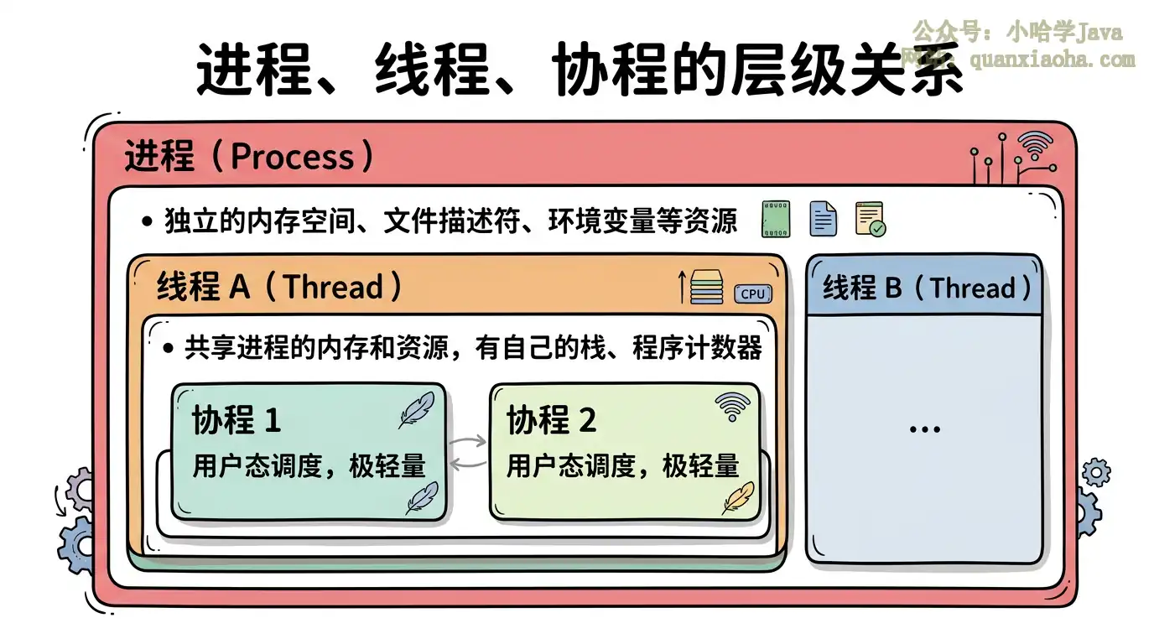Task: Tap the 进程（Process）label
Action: (x=249, y=157)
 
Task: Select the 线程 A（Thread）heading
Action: (x=279, y=287)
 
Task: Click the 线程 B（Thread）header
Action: (x=926, y=288)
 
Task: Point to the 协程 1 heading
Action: (x=237, y=420)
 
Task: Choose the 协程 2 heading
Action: (x=551, y=420)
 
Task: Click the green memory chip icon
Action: (x=775, y=219)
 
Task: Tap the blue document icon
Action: (x=823, y=219)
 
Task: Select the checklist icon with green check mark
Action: (x=870, y=219)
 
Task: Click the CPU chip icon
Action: (x=752, y=293)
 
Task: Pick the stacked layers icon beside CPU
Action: (x=706, y=287)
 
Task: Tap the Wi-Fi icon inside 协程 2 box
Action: (x=732, y=407)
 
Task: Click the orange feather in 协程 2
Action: (x=738, y=497)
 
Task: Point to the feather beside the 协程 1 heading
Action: (x=416, y=409)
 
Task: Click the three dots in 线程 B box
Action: (x=924, y=428)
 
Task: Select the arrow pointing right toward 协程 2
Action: (x=468, y=440)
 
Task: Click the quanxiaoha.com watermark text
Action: (x=1052, y=60)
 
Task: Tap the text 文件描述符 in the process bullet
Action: (x=456, y=221)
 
